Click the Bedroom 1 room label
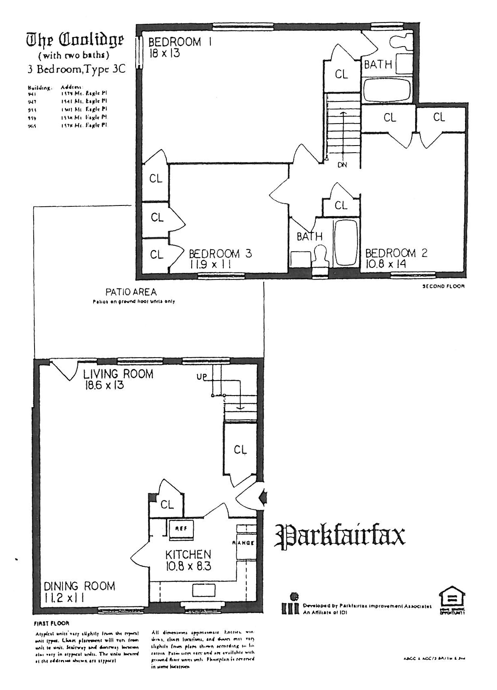point(180,42)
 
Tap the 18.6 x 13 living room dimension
point(104,385)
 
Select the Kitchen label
point(188,554)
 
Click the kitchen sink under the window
point(203,589)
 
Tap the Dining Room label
point(79,586)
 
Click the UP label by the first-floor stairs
point(202,377)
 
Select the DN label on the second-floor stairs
point(342,165)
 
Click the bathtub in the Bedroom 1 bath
point(387,90)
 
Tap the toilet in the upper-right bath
point(401,41)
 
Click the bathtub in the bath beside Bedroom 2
point(346,243)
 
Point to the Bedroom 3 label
point(220,254)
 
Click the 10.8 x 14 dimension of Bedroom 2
point(386,264)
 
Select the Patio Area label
point(131,292)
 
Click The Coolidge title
point(75,40)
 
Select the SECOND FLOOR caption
point(443,286)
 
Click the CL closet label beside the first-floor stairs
point(240,450)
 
